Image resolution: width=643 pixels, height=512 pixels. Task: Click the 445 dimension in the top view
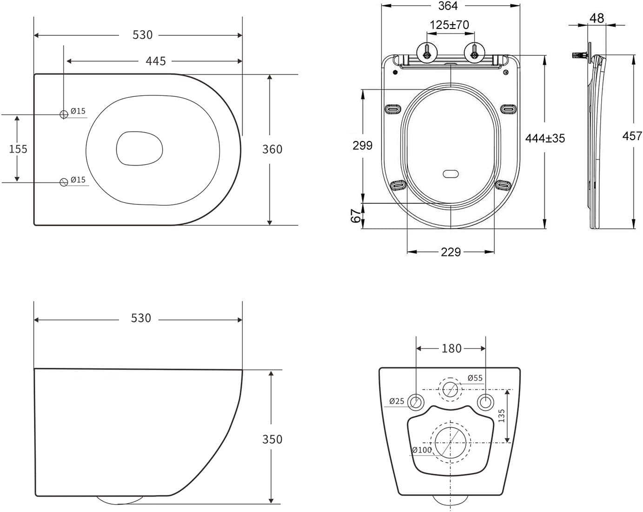pos(156,61)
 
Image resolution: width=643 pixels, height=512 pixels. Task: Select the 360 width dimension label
pos(272,149)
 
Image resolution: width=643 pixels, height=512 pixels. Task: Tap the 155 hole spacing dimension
pos(18,149)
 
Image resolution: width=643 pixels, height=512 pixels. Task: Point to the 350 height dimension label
pos(272,439)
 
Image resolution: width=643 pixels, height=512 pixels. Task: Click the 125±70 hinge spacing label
pos(449,25)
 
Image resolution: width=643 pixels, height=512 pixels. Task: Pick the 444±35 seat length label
pos(545,138)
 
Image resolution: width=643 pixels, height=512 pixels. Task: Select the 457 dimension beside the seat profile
pos(632,135)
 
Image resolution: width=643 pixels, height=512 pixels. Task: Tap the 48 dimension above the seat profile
pos(597,18)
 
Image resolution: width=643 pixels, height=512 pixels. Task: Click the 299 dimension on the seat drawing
pos(362,146)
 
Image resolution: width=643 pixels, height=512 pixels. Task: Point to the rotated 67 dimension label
pos(356,216)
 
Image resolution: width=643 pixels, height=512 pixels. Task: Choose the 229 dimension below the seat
pos(451,252)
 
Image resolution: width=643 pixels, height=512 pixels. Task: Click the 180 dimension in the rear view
pos(451,348)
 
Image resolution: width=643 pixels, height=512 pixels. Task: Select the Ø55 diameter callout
pos(475,378)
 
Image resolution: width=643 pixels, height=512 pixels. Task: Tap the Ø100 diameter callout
pos(422,450)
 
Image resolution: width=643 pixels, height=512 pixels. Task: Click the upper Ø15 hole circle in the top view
pos(64,114)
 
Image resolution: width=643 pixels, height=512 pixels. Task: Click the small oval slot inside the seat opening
pos(451,174)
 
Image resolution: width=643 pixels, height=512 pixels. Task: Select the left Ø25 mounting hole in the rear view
pos(416,402)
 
